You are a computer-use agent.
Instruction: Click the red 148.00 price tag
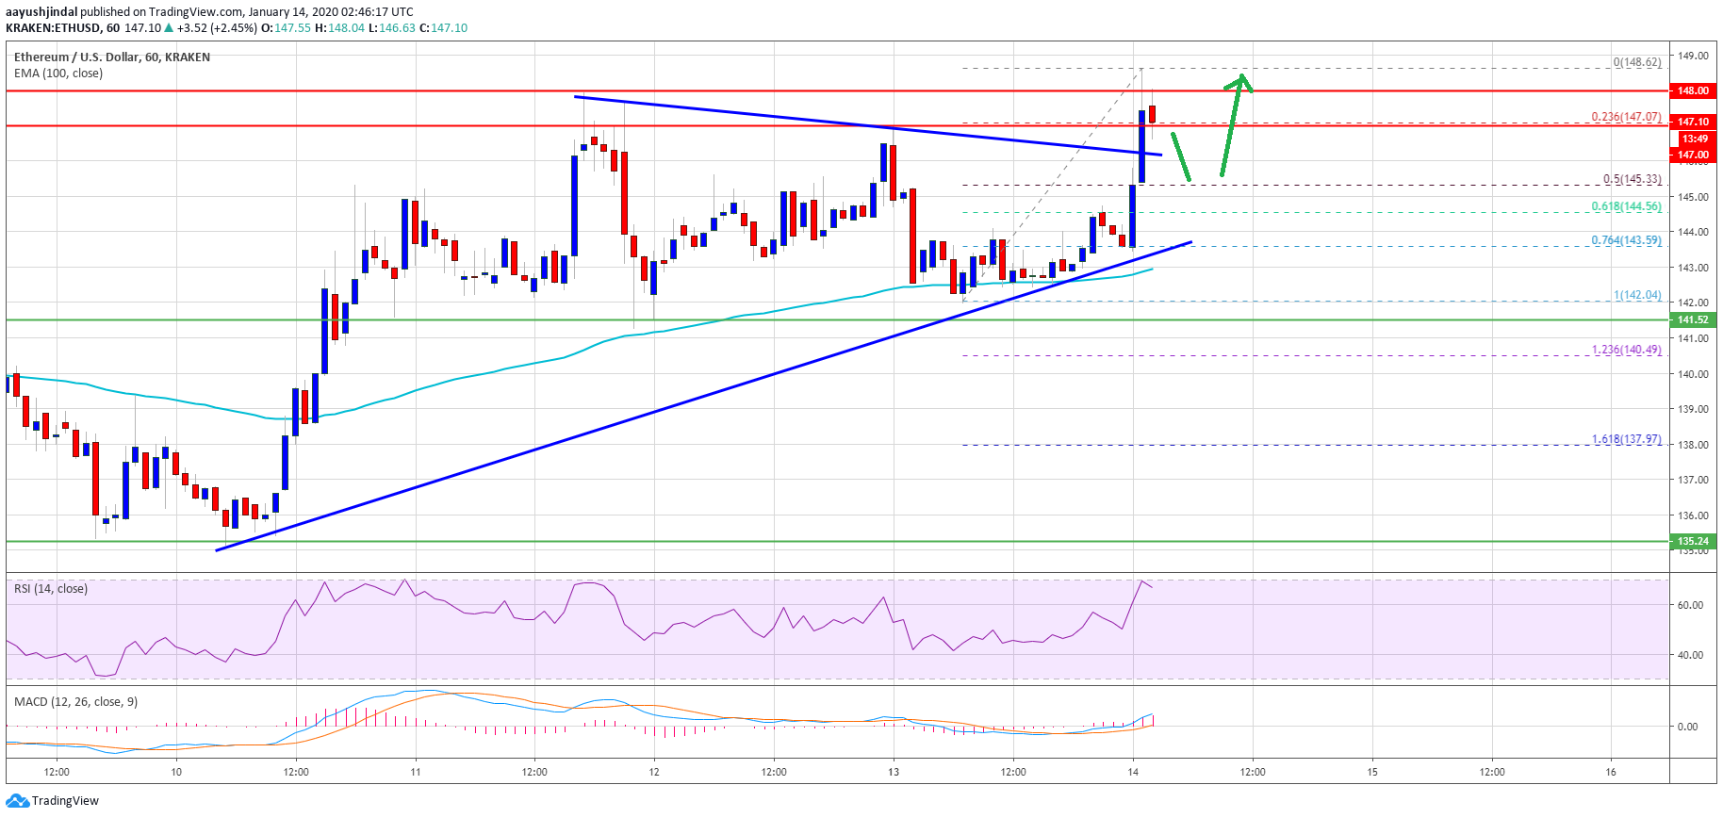coord(1692,90)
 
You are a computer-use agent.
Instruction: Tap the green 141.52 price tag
coord(1692,319)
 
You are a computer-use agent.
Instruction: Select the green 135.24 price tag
coord(1692,541)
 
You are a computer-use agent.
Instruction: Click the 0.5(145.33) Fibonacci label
coord(1632,179)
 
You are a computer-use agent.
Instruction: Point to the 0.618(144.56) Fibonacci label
coord(1626,206)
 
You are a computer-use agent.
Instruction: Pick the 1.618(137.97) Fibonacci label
coord(1626,439)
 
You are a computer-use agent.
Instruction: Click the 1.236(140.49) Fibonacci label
coord(1626,350)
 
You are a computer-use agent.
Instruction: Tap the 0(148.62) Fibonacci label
coord(1636,62)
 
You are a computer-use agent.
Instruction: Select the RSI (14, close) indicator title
coord(51,589)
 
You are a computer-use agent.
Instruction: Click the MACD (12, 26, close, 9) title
coord(75,702)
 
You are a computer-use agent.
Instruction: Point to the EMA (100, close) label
coord(58,74)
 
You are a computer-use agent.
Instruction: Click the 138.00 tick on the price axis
coord(1691,445)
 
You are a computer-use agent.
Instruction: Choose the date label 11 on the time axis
coord(416,772)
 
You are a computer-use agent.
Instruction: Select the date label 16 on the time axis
coord(1611,772)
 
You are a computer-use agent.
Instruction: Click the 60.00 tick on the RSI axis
coord(1690,605)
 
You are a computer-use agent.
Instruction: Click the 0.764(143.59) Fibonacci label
coord(1626,240)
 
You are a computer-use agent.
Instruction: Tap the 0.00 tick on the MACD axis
coord(1687,727)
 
